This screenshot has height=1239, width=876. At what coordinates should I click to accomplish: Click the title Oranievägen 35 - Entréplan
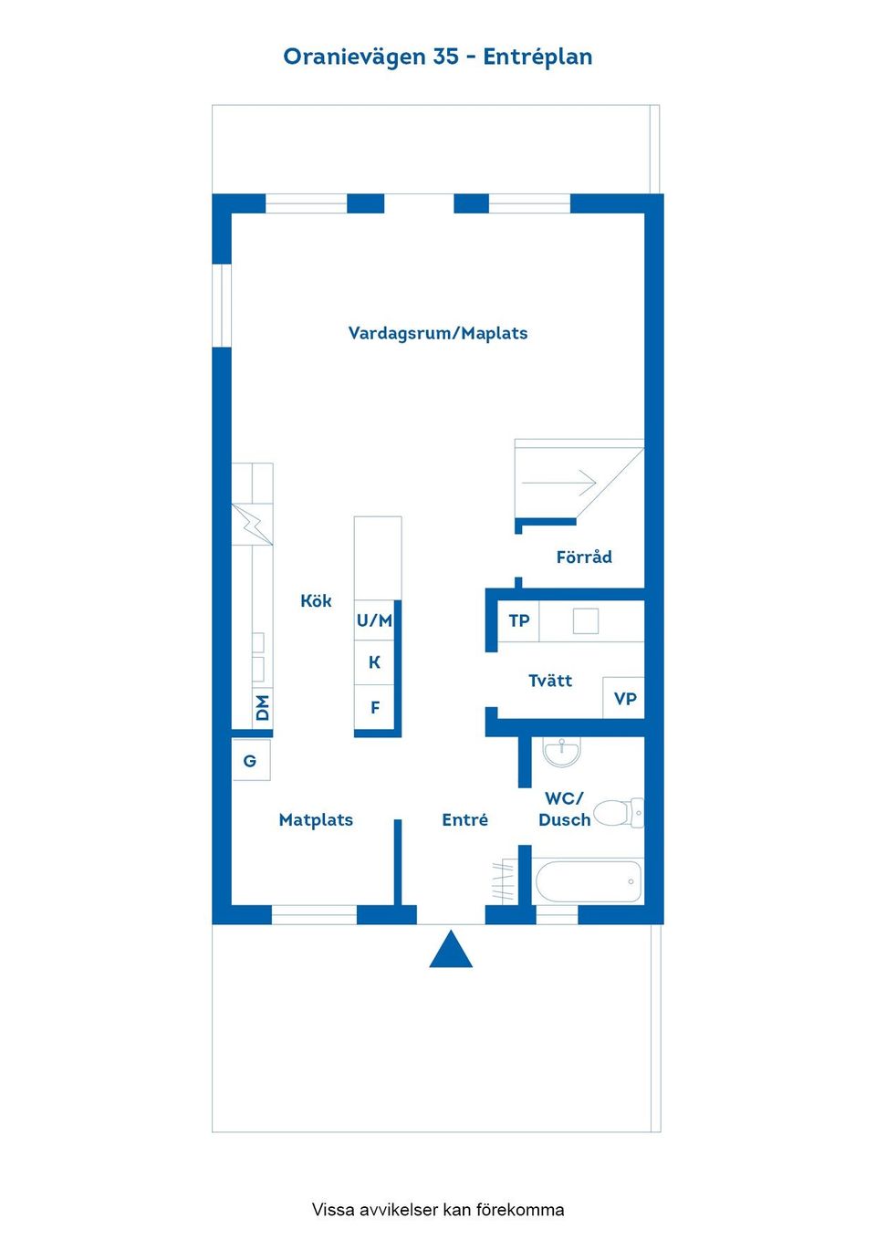click(x=437, y=57)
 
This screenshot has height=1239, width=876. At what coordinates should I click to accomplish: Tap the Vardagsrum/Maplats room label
click(x=437, y=333)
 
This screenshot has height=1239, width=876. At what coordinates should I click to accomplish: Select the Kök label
click(x=316, y=600)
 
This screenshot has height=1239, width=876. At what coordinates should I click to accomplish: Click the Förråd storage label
click(x=584, y=556)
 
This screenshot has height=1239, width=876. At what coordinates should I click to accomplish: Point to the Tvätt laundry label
click(x=549, y=681)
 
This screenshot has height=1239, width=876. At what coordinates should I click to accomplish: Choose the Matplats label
click(x=316, y=819)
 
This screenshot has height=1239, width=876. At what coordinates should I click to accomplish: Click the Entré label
click(x=464, y=819)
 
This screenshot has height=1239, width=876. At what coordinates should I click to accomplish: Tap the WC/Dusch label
click(x=564, y=809)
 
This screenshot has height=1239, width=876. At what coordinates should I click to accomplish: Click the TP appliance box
click(x=518, y=621)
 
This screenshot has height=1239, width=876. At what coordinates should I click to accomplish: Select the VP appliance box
click(x=624, y=699)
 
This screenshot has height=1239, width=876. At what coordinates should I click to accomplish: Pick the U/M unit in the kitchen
click(x=374, y=620)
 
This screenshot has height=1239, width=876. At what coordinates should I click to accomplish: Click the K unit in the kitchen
click(x=374, y=662)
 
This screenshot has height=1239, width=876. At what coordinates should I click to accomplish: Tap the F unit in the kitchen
click(x=374, y=707)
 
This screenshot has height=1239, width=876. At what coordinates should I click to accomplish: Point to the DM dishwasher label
click(x=263, y=707)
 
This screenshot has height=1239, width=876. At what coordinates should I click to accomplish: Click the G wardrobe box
click(x=251, y=761)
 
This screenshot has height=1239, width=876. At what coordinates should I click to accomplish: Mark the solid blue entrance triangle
click(x=452, y=949)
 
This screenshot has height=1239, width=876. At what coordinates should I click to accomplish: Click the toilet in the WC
click(x=619, y=813)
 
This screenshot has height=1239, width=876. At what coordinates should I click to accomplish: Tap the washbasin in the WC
click(x=562, y=752)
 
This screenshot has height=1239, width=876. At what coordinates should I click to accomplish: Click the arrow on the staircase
click(x=558, y=483)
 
